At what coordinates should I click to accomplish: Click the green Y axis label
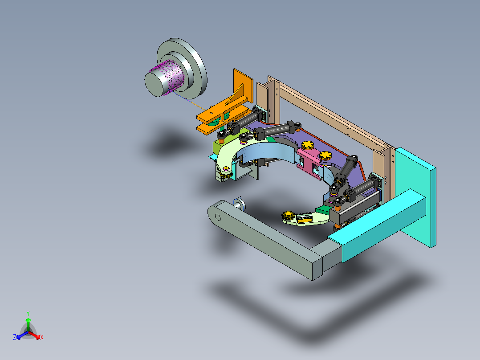28,313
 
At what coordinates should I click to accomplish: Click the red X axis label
42,337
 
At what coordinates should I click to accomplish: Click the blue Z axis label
15,337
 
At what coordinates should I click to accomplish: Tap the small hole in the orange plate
211,112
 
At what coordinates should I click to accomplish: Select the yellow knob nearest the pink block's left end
308,145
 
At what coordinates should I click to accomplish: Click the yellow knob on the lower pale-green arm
288,215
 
